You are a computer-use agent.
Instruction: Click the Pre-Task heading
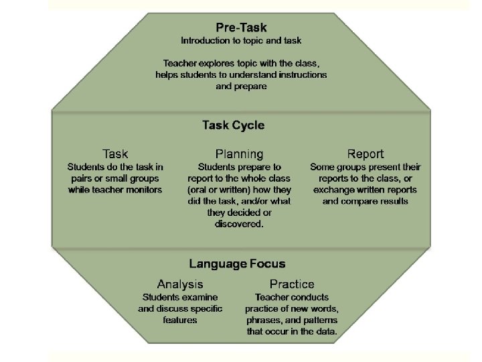[x=241, y=27]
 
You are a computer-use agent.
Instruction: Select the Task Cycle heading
[x=233, y=125]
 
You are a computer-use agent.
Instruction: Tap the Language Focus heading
[x=237, y=263]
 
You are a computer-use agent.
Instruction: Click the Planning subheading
[x=239, y=154]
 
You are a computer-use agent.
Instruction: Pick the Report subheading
[x=366, y=154]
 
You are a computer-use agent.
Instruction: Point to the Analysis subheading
[x=180, y=284]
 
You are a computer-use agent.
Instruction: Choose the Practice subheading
[x=292, y=284]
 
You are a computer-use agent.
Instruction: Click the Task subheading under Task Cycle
[x=115, y=154]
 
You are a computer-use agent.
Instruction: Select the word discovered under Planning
[x=239, y=224]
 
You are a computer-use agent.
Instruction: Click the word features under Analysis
[x=180, y=320]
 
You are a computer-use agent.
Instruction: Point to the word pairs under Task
[x=83, y=178]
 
